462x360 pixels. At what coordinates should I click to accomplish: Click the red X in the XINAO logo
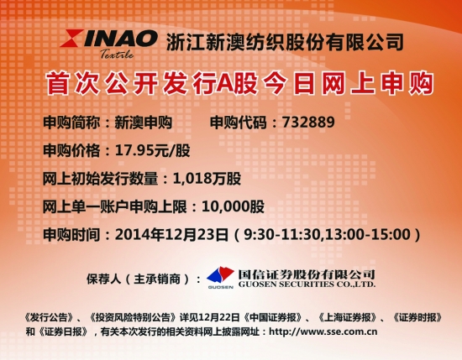[71, 39]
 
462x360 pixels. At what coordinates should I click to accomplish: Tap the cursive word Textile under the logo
[117, 54]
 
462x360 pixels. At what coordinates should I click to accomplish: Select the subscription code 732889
[308, 123]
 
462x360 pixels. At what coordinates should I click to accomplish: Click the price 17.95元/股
[152, 150]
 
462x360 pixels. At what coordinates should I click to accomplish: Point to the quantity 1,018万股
[207, 179]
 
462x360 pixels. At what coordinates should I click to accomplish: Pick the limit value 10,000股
[233, 206]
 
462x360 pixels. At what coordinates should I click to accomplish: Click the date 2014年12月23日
[171, 235]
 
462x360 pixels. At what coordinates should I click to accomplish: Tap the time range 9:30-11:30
[282, 235]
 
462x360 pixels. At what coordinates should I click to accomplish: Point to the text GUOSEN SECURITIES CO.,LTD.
[307, 284]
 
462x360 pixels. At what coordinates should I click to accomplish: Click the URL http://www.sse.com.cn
[323, 331]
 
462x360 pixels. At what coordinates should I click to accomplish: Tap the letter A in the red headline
[225, 84]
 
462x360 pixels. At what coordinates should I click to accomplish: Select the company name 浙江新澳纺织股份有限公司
[285, 43]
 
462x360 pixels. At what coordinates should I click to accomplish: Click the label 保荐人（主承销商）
[138, 279]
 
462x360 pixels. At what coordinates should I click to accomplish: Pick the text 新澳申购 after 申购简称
[143, 123]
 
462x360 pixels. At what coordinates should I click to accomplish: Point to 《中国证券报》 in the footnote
[272, 317]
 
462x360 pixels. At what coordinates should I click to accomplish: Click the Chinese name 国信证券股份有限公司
[307, 274]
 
